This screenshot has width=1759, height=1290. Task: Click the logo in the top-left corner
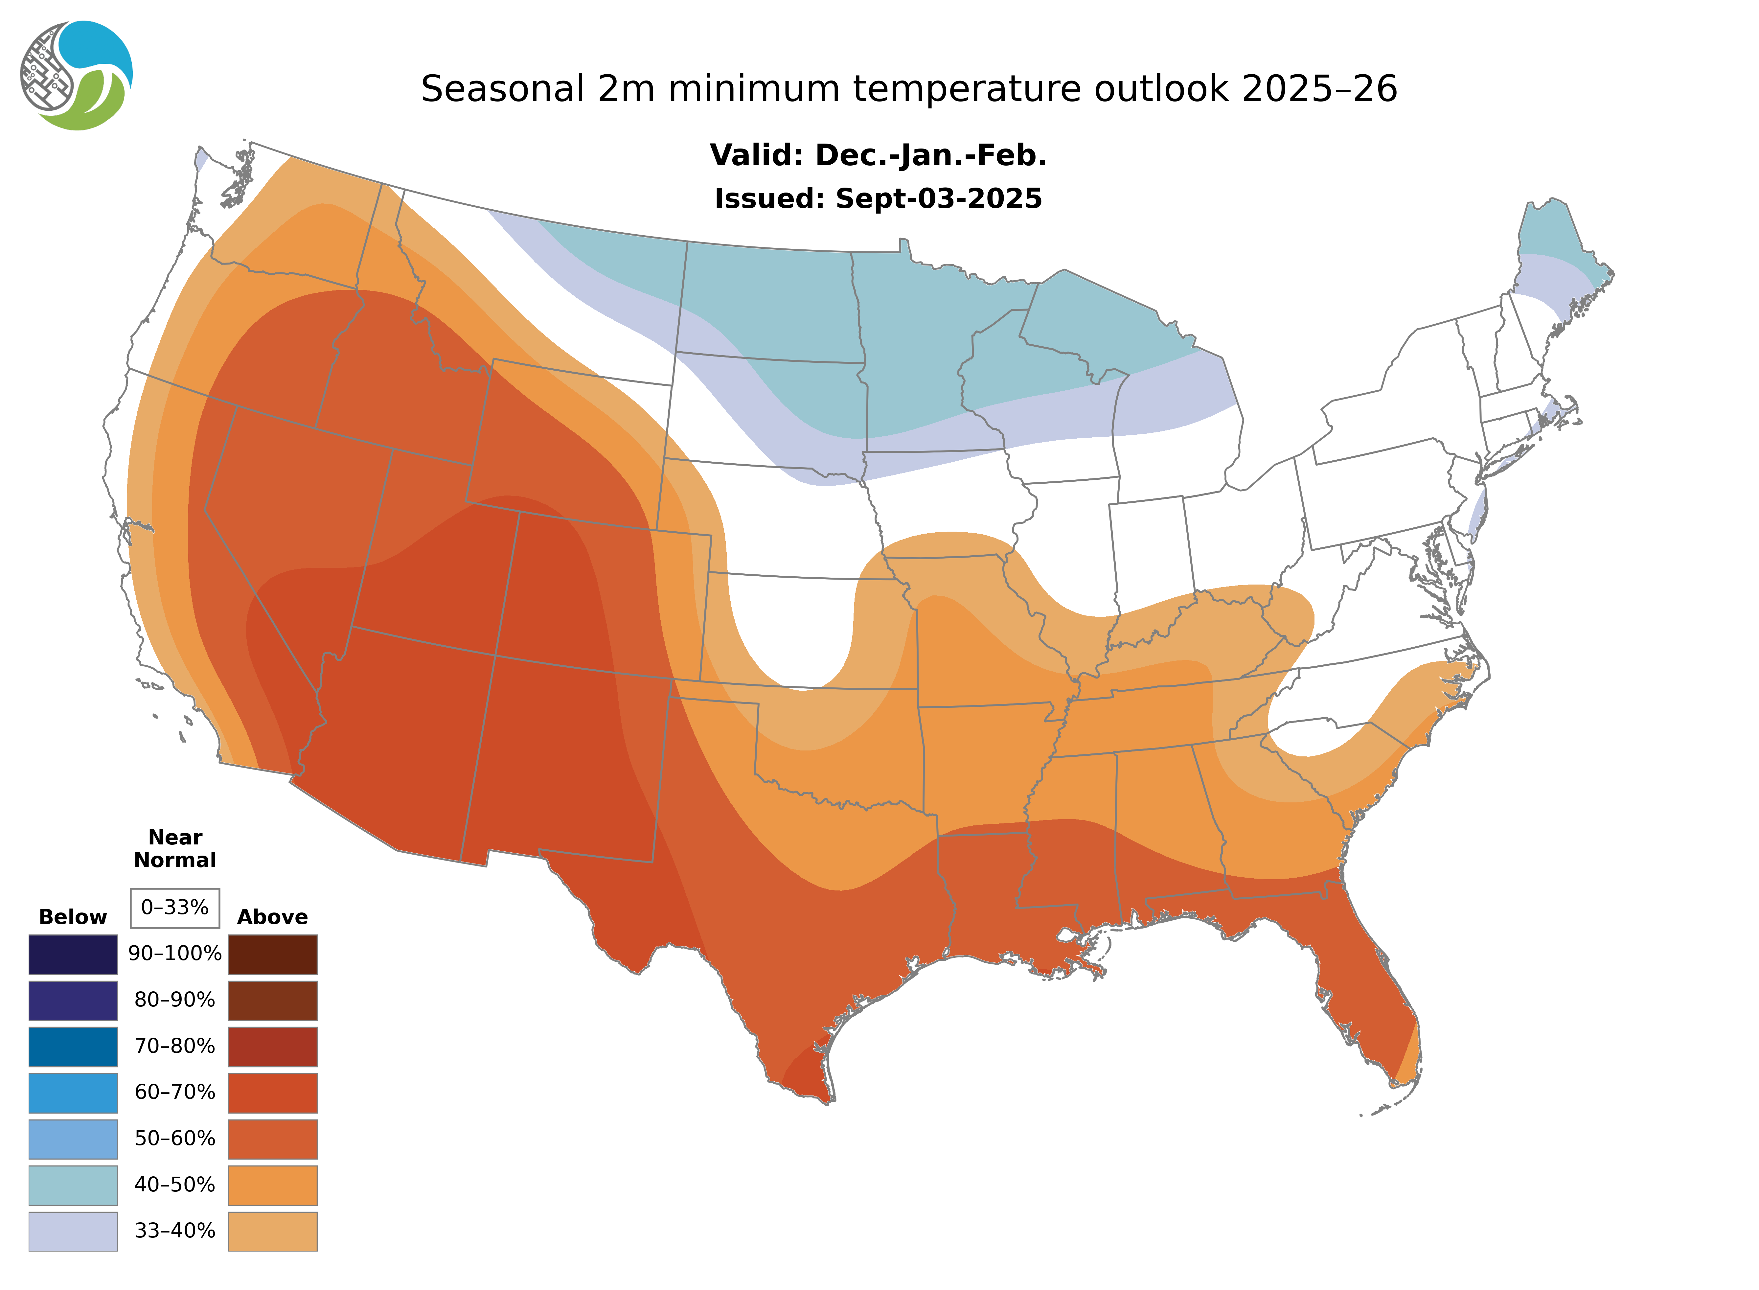coord(76,76)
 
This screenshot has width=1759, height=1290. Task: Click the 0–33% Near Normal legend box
coord(175,908)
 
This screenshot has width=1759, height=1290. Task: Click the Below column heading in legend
coord(73,917)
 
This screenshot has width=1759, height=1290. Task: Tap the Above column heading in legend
coord(272,917)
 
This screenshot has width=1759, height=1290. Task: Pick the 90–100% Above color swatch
coord(272,954)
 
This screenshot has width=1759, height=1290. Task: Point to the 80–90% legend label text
coord(175,1000)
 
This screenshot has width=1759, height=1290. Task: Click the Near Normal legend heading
coord(175,849)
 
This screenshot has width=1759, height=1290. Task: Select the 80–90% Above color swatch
coord(272,1000)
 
